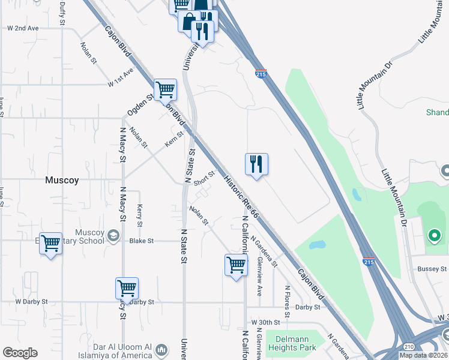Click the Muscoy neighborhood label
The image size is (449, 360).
(x=62, y=179)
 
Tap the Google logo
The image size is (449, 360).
(x=20, y=353)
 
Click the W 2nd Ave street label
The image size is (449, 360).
(x=23, y=28)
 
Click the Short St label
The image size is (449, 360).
(x=204, y=178)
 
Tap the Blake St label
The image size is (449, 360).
(x=142, y=241)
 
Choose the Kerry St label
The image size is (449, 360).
(x=139, y=215)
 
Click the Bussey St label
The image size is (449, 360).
(x=432, y=269)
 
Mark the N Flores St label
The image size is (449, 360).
(x=288, y=296)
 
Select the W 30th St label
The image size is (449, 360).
(x=266, y=322)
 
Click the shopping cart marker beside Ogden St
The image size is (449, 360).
(x=165, y=90)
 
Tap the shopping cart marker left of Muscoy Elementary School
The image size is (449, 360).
(x=50, y=244)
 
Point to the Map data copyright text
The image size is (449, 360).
(x=423, y=355)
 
